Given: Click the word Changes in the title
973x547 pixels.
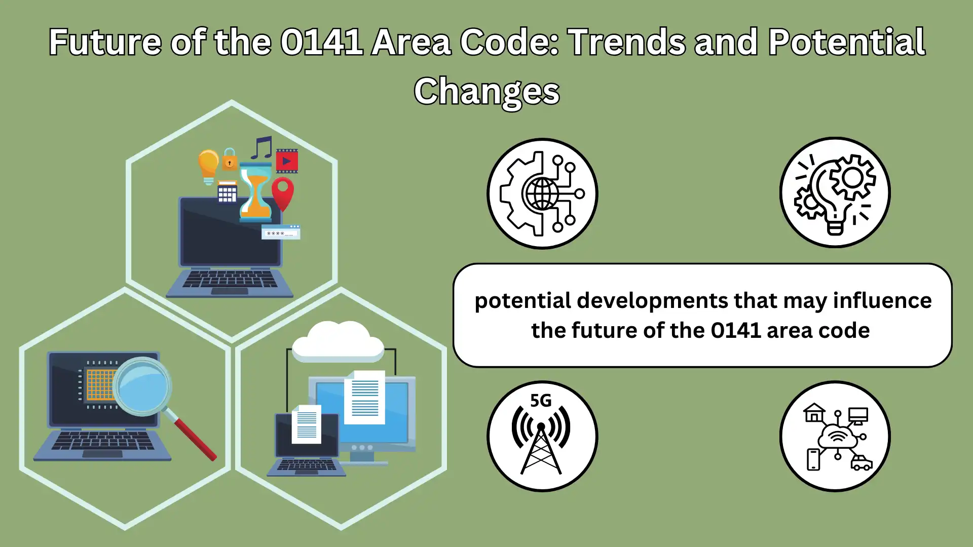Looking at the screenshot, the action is pos(486,92).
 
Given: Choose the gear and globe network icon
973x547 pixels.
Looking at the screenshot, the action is pos(542,193).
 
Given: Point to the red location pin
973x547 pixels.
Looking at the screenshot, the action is pos(283,193).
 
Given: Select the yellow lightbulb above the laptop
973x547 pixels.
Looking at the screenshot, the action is pos(208,166).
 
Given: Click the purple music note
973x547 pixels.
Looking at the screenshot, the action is pos(262,147).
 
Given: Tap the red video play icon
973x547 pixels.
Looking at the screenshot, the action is pos(287,161).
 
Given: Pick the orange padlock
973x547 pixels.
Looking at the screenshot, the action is pos(230,159).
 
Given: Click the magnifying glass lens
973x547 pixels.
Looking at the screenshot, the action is pos(142,386).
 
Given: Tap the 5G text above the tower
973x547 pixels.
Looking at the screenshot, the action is pos(541,401).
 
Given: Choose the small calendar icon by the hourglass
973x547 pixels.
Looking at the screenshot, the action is pos(227,191).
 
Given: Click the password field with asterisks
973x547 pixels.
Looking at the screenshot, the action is pos(281,232).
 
